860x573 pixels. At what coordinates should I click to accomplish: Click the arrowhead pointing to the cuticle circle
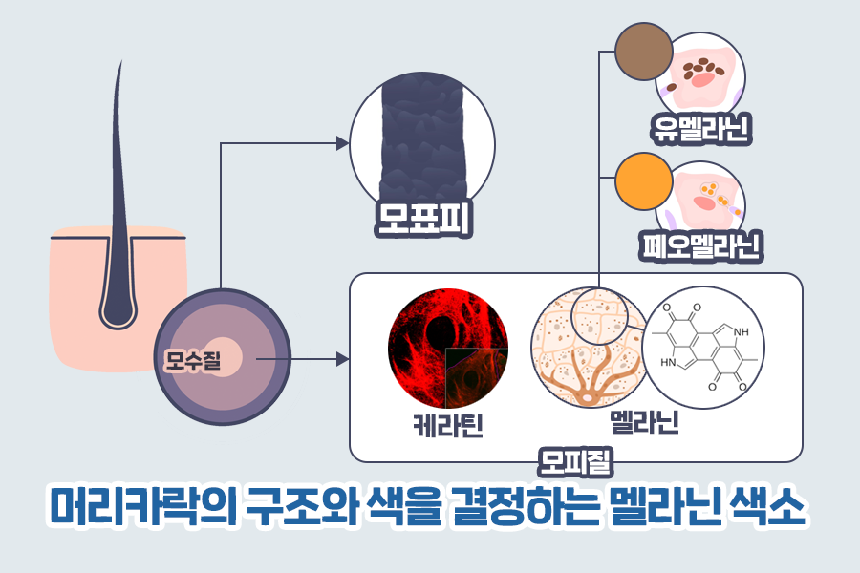[342, 143]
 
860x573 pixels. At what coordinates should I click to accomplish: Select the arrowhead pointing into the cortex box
[342, 360]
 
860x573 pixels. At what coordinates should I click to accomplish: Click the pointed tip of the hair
[120, 63]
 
